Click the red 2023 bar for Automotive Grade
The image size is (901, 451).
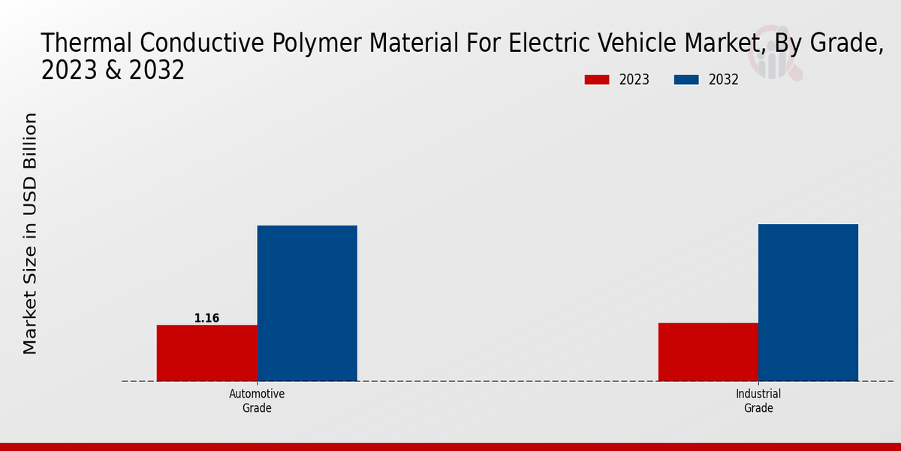click(206, 353)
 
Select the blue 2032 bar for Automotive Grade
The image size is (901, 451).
click(307, 303)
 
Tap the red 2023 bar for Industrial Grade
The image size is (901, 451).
click(708, 352)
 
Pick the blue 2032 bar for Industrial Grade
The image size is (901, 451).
click(808, 302)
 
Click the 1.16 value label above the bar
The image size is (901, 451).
click(206, 318)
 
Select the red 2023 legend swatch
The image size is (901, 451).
click(597, 80)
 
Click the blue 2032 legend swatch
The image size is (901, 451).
click(687, 80)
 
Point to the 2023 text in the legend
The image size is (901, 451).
click(634, 80)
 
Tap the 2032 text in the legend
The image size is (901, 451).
click(724, 80)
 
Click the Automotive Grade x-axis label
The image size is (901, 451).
click(257, 401)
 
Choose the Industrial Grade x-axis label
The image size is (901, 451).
click(758, 401)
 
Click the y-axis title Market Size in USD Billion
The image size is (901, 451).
click(30, 233)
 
